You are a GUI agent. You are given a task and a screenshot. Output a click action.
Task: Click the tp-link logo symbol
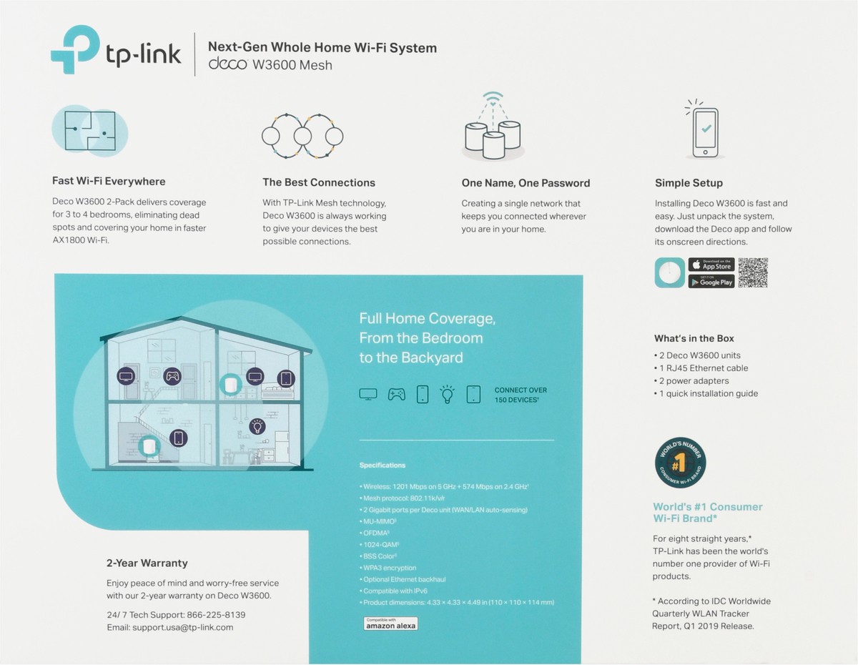(x=74, y=49)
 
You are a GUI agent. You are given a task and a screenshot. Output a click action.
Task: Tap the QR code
(x=752, y=272)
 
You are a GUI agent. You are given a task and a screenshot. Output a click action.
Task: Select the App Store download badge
(x=711, y=265)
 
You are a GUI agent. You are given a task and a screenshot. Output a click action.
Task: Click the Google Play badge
(x=711, y=281)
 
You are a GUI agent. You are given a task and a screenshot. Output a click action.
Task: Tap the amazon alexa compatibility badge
(x=390, y=624)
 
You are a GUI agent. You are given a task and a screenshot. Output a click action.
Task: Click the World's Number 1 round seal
(x=680, y=464)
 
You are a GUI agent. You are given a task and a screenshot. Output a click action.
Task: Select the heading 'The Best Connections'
(x=318, y=182)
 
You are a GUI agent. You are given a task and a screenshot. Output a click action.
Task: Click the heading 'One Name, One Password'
(x=526, y=183)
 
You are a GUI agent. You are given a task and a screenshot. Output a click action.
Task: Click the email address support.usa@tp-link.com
(x=182, y=627)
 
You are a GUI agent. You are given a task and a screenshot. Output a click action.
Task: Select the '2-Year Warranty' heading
(x=147, y=563)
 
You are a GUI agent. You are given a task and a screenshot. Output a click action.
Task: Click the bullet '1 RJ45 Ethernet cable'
(x=703, y=368)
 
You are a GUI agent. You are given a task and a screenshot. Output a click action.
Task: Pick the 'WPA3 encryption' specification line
(x=390, y=568)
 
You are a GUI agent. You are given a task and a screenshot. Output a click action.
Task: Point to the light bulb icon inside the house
(x=256, y=427)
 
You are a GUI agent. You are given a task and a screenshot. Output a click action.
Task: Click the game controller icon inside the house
(x=172, y=375)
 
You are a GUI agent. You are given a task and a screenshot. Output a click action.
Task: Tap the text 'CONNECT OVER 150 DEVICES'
(x=521, y=395)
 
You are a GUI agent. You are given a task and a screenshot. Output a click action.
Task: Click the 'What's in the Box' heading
(x=694, y=338)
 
